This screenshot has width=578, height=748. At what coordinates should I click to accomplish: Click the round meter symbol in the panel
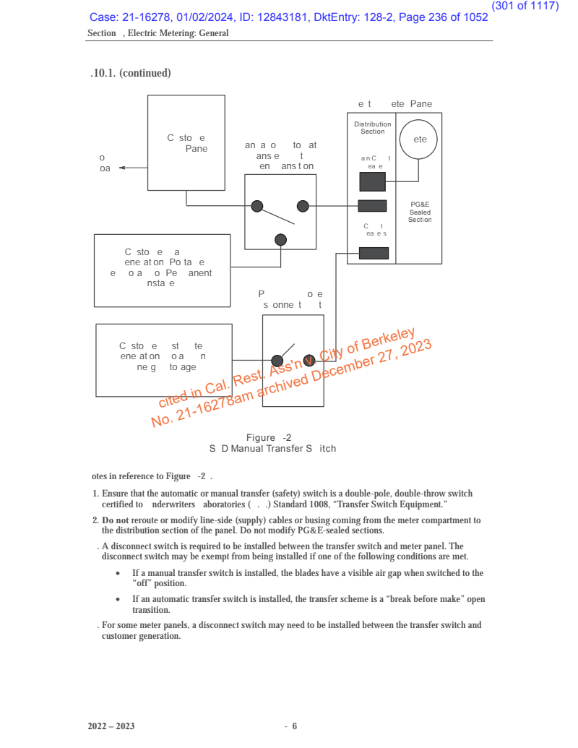420,139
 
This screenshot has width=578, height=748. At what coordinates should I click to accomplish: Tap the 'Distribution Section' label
372,128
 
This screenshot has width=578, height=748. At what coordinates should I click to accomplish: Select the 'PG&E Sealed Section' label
420,212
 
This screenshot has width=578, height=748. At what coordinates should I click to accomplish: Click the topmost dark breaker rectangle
373,181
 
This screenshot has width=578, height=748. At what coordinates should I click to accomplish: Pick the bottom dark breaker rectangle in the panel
374,253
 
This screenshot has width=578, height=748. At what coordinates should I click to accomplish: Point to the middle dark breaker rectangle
373,206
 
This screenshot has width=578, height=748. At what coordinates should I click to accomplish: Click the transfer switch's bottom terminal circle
281,240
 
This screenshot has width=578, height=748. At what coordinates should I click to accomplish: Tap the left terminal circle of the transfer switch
256,206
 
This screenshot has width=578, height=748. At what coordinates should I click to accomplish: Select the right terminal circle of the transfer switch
303,206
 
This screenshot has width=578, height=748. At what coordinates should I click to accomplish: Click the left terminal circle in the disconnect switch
277,361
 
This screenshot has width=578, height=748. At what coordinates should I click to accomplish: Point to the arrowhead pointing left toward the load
122,168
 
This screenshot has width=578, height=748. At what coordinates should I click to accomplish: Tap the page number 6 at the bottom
295,726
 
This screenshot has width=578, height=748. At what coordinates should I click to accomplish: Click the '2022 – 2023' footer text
111,726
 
